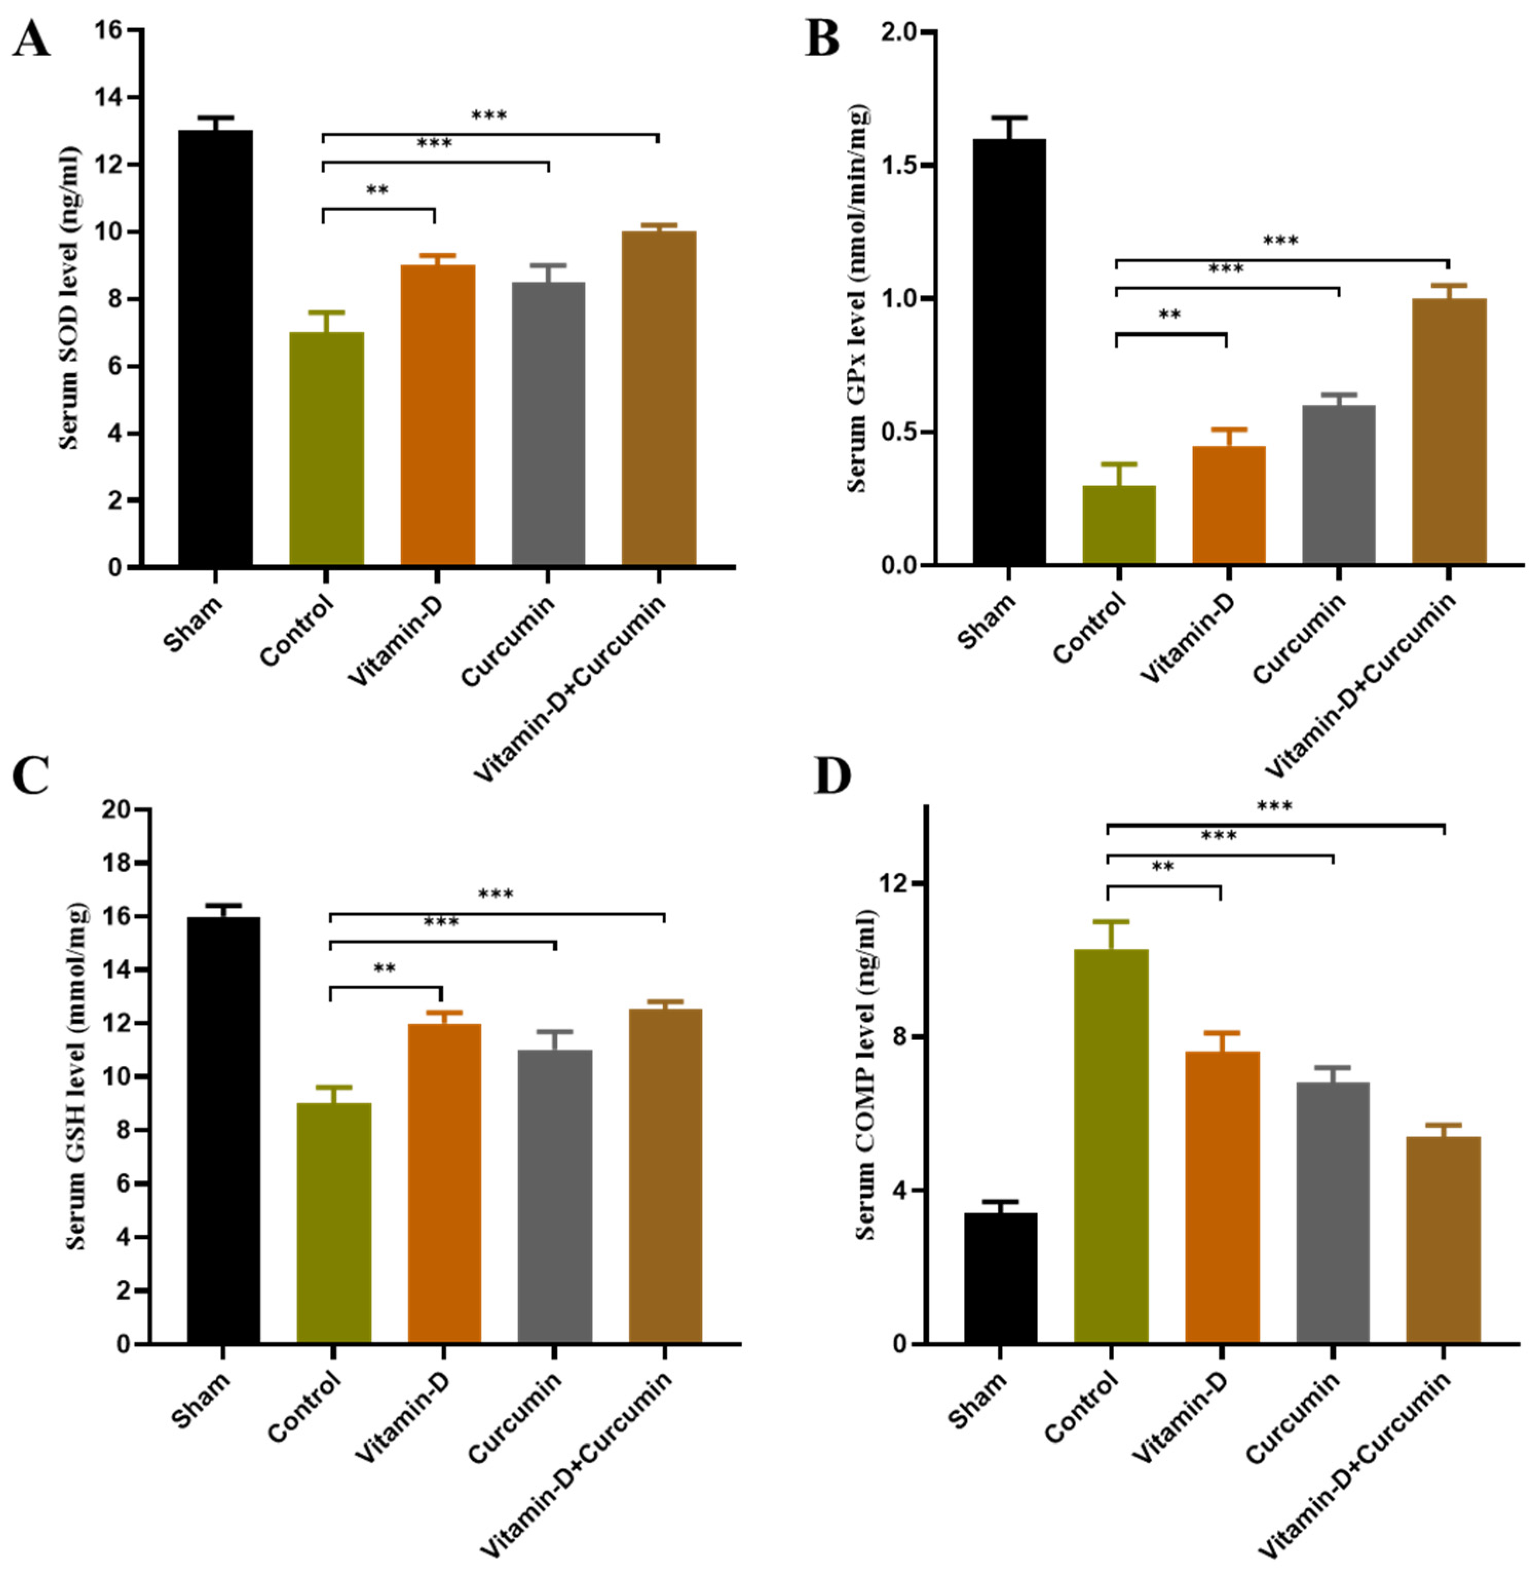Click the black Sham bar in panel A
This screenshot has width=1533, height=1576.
click(215, 346)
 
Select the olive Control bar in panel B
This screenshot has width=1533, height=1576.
click(1119, 524)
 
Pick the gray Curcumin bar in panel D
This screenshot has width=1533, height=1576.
click(1333, 1212)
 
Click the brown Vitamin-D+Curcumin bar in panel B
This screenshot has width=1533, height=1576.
click(1448, 431)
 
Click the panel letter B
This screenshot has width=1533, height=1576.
click(822, 39)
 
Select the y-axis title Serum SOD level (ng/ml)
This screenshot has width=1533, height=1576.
click(71, 298)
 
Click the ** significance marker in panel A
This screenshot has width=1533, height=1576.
click(377, 191)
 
